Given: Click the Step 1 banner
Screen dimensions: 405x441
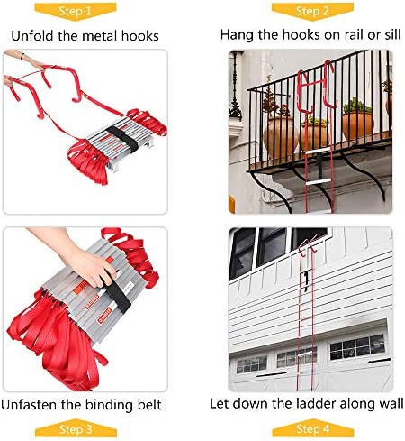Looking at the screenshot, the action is point(76,12).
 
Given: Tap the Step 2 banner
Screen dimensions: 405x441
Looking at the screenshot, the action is point(312,12).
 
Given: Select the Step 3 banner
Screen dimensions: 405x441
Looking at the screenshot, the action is point(76,428).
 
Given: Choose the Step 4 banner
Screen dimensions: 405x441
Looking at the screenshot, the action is point(313,428).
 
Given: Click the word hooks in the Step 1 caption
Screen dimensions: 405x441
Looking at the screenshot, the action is point(139,36).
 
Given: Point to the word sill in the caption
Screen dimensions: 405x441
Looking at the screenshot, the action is point(392,35).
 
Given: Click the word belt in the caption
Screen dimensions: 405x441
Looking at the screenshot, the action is point(149,405).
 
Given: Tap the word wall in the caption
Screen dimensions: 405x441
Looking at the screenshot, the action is point(392,403).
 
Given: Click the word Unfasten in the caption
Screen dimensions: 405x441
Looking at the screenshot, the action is point(29,405).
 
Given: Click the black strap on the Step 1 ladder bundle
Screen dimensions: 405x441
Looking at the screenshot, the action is point(123,139).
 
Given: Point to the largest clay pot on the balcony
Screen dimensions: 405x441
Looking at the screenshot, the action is point(280,137).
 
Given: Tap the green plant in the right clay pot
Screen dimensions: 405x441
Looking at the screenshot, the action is point(357,106).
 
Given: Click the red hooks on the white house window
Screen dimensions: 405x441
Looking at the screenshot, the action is point(309,244).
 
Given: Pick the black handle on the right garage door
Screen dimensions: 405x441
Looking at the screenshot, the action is point(380,361).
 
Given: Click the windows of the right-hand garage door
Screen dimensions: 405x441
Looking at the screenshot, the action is point(357,347).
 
